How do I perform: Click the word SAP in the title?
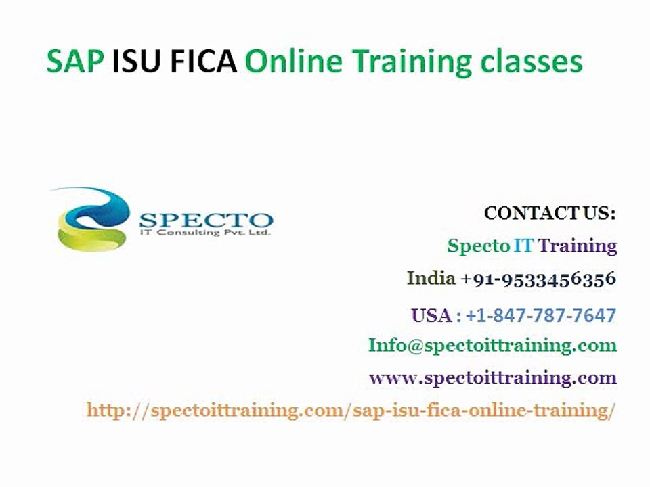click(x=75, y=62)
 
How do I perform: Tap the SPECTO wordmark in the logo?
click(x=206, y=219)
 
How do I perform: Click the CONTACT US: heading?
click(x=550, y=214)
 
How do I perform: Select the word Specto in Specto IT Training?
click(x=478, y=246)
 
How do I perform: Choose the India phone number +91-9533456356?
click(x=538, y=278)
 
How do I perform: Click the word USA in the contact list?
click(x=431, y=315)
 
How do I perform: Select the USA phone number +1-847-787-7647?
click(x=540, y=315)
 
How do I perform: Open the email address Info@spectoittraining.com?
click(x=492, y=345)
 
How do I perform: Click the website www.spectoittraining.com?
click(x=492, y=377)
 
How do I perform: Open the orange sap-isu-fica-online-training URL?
click(x=351, y=410)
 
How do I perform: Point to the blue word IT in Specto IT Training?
click(x=523, y=246)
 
